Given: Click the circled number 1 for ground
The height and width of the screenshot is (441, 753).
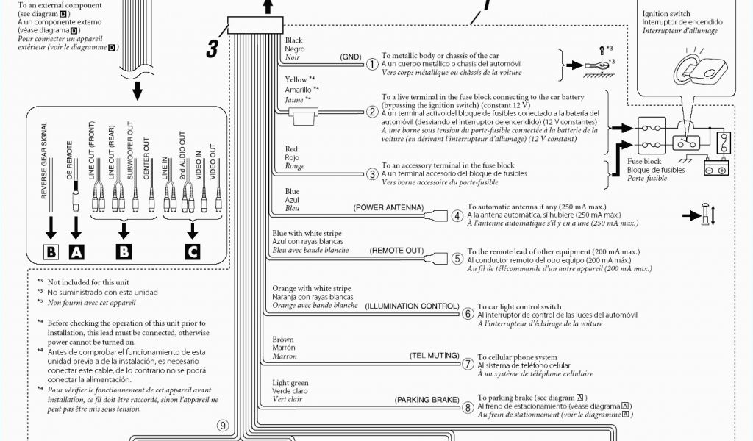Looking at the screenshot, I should (373, 63).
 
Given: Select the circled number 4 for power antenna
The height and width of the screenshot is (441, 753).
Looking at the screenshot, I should (457, 216).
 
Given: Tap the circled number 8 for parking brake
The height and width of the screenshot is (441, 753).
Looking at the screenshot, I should (468, 407).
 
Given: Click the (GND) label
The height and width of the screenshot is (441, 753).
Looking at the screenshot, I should (351, 57).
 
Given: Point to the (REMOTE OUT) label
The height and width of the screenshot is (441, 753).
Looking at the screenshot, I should (396, 251).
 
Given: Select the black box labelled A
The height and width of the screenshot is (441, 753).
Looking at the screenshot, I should (76, 252).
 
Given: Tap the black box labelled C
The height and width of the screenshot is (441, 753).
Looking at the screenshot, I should (193, 252).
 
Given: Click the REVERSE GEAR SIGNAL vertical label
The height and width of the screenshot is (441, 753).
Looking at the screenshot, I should (44, 160).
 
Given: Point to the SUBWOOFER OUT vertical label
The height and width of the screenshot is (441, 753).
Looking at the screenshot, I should (129, 157).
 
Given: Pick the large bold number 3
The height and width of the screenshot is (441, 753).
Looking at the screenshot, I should (212, 49).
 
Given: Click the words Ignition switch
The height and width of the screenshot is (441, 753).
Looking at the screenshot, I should (666, 14).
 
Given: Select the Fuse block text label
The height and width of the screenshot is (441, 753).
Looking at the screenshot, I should (643, 161).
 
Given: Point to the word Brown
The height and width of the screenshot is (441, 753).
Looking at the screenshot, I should (283, 340).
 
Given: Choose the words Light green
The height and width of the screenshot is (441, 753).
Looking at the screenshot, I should (290, 383).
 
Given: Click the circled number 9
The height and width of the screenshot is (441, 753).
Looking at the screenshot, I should (224, 424).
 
